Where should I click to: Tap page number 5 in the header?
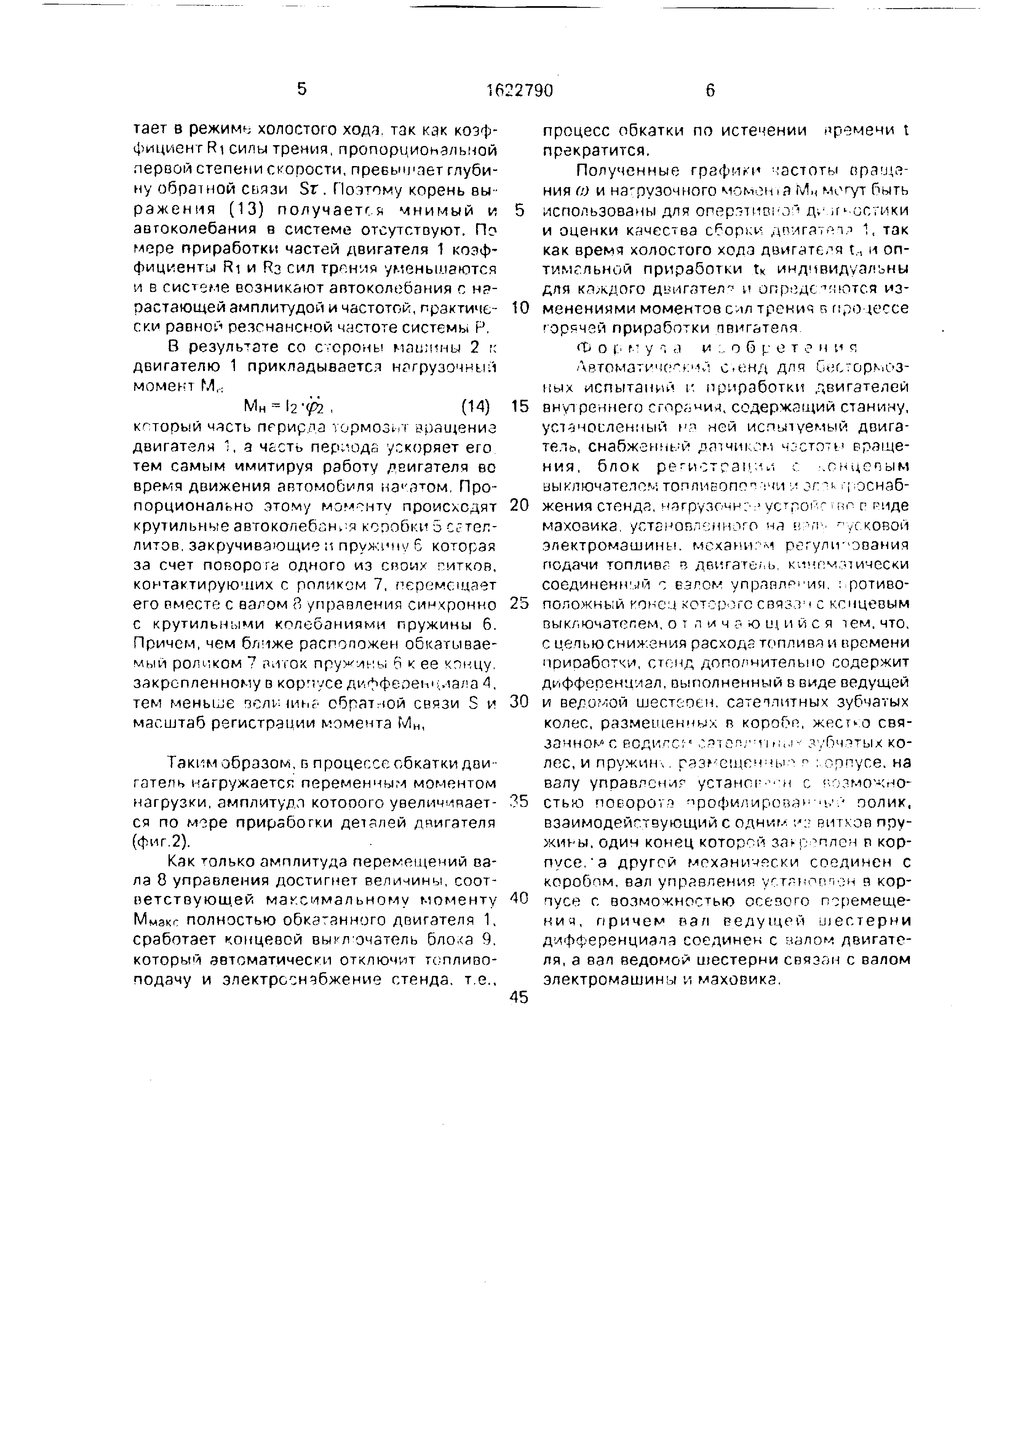tap(302, 89)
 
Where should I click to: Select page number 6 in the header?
tap(709, 91)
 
